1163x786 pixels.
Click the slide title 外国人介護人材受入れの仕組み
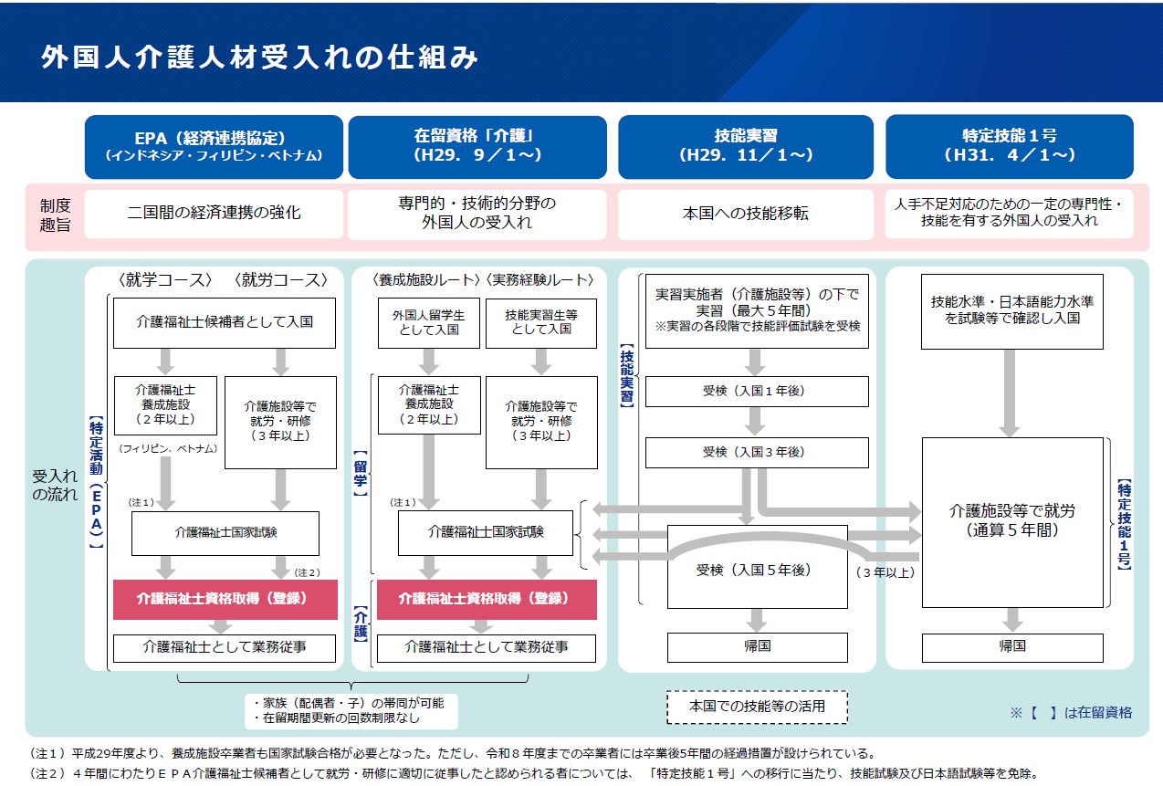click(260, 57)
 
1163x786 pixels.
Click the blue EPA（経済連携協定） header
click(214, 146)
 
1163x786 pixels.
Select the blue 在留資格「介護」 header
click(477, 146)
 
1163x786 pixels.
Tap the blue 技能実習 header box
click(746, 146)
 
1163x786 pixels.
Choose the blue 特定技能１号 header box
click(1009, 146)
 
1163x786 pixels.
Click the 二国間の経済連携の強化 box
click(214, 214)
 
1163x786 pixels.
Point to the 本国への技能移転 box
click(746, 214)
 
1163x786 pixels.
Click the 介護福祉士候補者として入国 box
click(225, 322)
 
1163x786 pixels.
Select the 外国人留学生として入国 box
click(428, 322)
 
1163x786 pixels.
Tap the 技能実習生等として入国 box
click(541, 322)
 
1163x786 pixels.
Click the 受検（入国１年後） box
click(757, 391)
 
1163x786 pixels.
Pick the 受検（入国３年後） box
click(757, 452)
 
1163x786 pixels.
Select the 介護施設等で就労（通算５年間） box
click(1011, 520)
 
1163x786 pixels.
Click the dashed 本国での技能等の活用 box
click(757, 706)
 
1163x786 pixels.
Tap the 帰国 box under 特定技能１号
click(1011, 646)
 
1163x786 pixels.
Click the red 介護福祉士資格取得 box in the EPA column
click(225, 600)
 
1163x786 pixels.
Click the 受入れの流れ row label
click(55, 486)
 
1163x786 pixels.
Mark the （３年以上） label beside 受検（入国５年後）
click(885, 573)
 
